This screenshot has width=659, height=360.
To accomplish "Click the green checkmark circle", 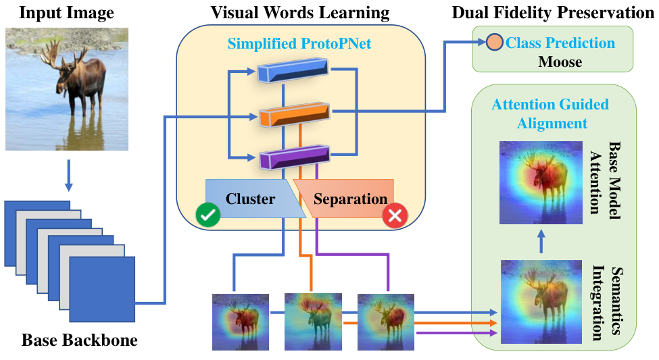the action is point(208,215).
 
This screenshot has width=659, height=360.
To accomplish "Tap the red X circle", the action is point(395,215).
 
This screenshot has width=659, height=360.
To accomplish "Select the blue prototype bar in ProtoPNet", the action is point(293,70).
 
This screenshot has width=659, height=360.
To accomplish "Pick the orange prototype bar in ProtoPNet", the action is point(294,114).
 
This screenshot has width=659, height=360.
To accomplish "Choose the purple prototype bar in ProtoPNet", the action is point(294,157).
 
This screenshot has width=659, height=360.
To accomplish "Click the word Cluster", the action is point(251,199).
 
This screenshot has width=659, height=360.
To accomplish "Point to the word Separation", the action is point(351,199).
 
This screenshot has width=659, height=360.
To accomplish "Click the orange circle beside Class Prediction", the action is point(495,42).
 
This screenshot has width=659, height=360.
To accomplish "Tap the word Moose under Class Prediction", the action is point(560,61).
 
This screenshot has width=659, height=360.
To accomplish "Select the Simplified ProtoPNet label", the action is point(299,44).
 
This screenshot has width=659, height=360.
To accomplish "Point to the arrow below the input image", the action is point(68,176).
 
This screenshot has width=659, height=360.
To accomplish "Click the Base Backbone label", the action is point(80,340).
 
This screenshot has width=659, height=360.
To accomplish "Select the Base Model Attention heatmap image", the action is point(541,182).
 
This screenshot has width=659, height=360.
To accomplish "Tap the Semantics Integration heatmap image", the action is point(541,302).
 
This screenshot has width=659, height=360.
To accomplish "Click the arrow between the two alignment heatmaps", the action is point(541,241).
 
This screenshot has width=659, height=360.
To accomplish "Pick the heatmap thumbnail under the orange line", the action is point(313,322).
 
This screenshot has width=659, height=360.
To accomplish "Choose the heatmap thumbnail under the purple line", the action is point(386,322).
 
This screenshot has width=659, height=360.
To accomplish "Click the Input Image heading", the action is point(66,13).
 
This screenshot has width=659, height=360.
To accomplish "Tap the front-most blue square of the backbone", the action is point(102,290).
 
